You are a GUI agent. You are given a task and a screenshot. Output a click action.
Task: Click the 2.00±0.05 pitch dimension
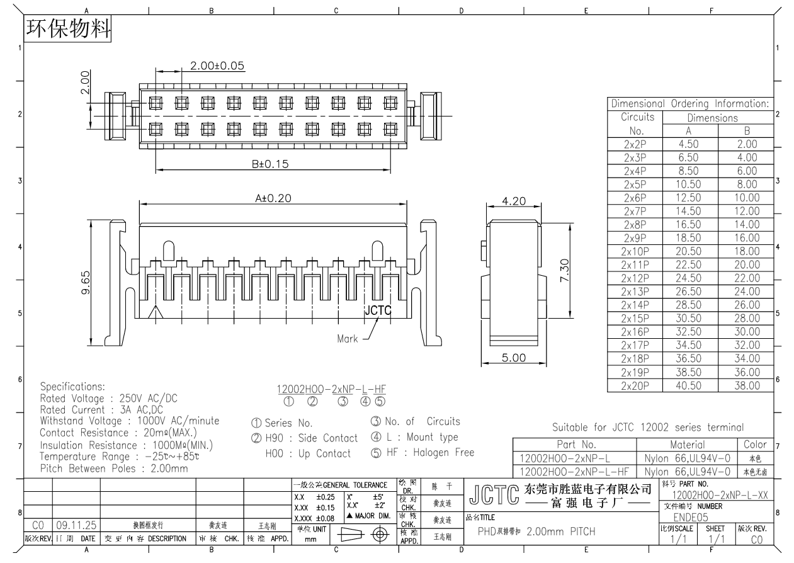pos(217,66)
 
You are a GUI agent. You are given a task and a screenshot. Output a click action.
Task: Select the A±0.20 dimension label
pos(271,198)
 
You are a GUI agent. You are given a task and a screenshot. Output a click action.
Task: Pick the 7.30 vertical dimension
pos(565,271)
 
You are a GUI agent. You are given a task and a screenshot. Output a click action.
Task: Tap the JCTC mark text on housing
pos(378,310)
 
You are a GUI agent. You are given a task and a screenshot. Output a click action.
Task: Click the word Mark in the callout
pos(347,339)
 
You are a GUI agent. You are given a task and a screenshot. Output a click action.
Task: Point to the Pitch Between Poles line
pos(114,469)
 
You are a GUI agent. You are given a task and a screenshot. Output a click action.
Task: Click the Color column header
pos(755,445)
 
